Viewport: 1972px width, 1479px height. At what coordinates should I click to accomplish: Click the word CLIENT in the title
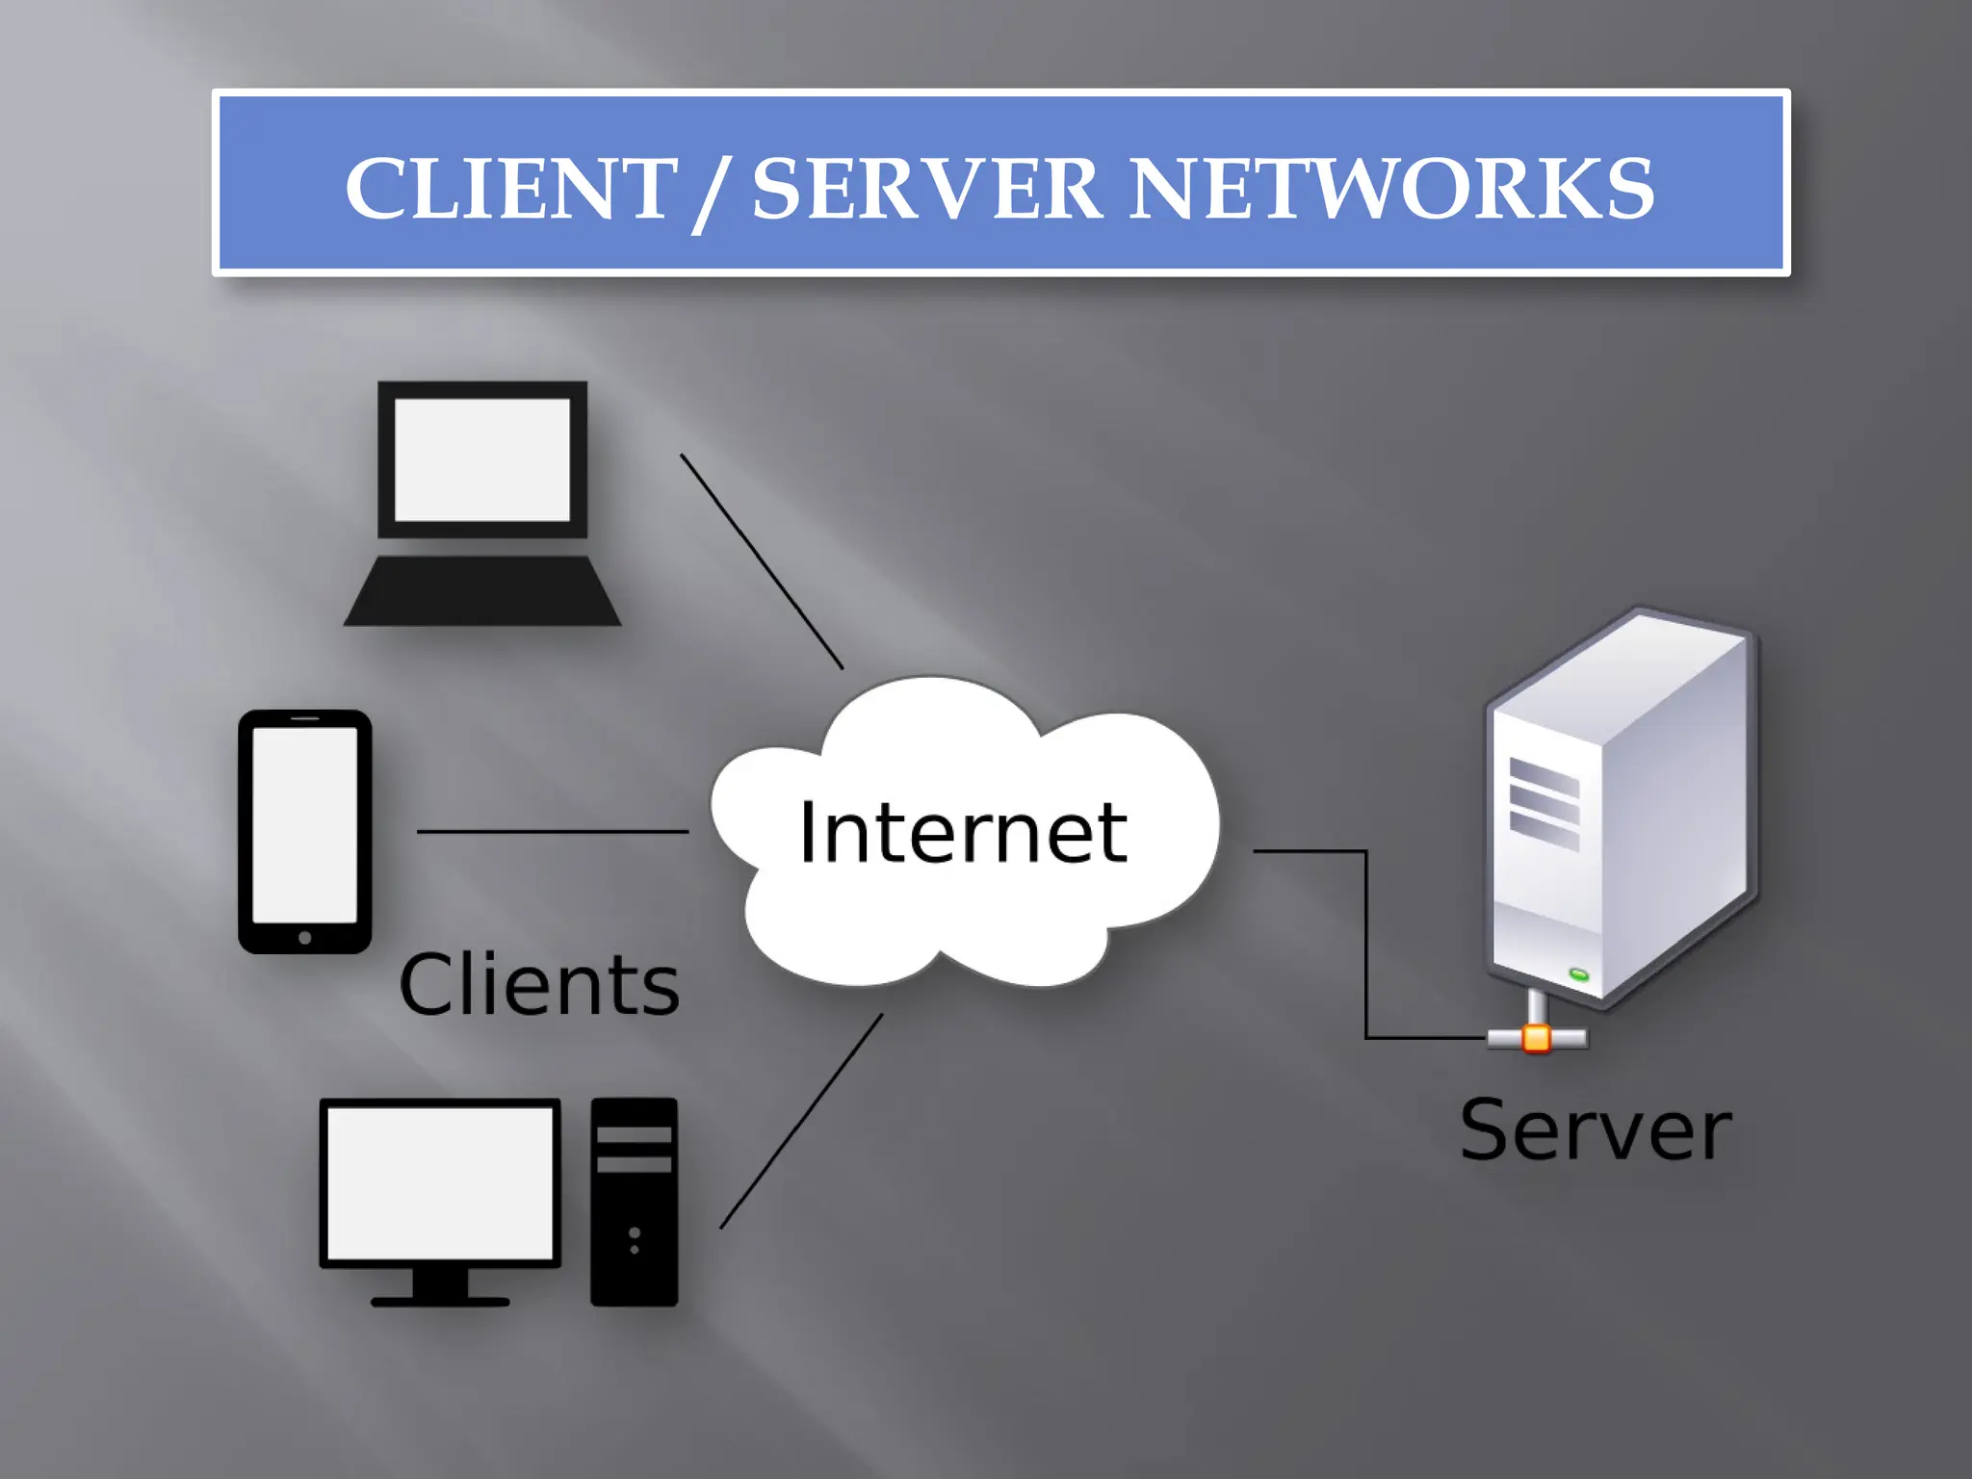click(510, 189)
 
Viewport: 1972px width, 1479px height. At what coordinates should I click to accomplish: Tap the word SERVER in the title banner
click(926, 189)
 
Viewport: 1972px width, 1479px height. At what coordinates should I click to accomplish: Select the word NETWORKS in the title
click(1391, 189)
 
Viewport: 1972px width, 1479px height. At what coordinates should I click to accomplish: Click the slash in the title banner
click(710, 193)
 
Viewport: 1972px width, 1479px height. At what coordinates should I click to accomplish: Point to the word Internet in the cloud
click(962, 833)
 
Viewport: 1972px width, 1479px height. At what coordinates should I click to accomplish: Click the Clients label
click(539, 985)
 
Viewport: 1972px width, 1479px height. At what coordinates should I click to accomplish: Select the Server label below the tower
click(1596, 1130)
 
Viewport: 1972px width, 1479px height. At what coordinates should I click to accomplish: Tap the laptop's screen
click(481, 460)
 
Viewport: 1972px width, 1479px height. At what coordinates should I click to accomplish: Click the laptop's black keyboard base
click(482, 591)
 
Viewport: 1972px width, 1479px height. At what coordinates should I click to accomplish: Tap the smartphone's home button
click(304, 937)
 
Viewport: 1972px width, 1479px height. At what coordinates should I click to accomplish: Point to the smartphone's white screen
click(304, 824)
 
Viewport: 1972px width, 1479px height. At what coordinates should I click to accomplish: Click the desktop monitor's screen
click(440, 1182)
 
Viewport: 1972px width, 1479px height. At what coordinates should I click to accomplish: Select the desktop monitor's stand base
click(440, 1301)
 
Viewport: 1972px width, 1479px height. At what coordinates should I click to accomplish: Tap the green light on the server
click(1578, 974)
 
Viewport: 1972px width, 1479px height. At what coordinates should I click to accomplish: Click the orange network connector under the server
click(1537, 1039)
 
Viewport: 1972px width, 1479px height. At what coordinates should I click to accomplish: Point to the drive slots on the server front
click(1544, 803)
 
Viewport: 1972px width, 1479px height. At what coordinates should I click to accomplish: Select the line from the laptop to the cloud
click(762, 561)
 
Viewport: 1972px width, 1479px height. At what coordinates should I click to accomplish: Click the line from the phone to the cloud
click(553, 831)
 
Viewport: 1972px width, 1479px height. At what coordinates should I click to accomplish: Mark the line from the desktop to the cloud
click(801, 1121)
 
